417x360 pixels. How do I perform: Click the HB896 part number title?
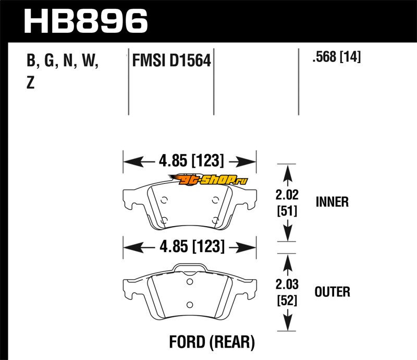(85, 21)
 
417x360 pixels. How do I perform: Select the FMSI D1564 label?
(171, 60)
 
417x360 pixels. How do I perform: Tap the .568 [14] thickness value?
(337, 57)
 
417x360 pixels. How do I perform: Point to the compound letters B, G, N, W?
(63, 60)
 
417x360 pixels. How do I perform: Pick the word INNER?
(332, 202)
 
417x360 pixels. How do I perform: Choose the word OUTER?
(332, 292)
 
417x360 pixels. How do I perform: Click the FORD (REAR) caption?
(212, 342)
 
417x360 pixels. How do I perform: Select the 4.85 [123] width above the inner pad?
(191, 161)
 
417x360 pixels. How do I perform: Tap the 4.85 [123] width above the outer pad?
(192, 246)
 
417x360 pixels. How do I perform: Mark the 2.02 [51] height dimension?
(287, 203)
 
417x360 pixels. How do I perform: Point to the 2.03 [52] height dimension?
(287, 292)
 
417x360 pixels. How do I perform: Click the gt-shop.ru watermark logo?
(208, 180)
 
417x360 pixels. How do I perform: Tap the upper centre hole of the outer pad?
(190, 281)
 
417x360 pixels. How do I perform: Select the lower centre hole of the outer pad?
(190, 305)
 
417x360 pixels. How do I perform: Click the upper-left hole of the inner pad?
(164, 200)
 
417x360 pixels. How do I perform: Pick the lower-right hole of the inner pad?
(215, 220)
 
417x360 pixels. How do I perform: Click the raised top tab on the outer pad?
(189, 267)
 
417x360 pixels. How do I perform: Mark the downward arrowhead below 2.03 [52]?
(288, 322)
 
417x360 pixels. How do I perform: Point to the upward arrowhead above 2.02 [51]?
(288, 173)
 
